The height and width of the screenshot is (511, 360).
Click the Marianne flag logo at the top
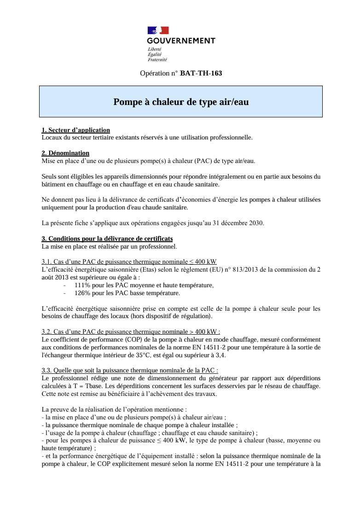click(158, 30)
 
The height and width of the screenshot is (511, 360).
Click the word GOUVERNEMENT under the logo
click(181, 41)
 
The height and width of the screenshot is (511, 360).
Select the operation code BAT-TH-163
click(201, 73)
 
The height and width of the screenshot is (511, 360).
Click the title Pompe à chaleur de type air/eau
click(181, 102)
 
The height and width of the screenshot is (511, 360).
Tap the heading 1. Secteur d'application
click(75, 130)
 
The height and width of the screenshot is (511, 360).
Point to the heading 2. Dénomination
click(65, 153)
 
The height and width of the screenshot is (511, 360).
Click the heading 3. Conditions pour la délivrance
click(107, 238)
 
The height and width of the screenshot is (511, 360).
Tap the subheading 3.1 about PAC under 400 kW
click(129, 262)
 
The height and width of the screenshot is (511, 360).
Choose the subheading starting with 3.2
click(131, 331)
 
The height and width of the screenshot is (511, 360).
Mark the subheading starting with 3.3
click(130, 370)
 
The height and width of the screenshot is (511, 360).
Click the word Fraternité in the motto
click(157, 60)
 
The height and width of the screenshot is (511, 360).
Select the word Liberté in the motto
click(154, 49)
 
